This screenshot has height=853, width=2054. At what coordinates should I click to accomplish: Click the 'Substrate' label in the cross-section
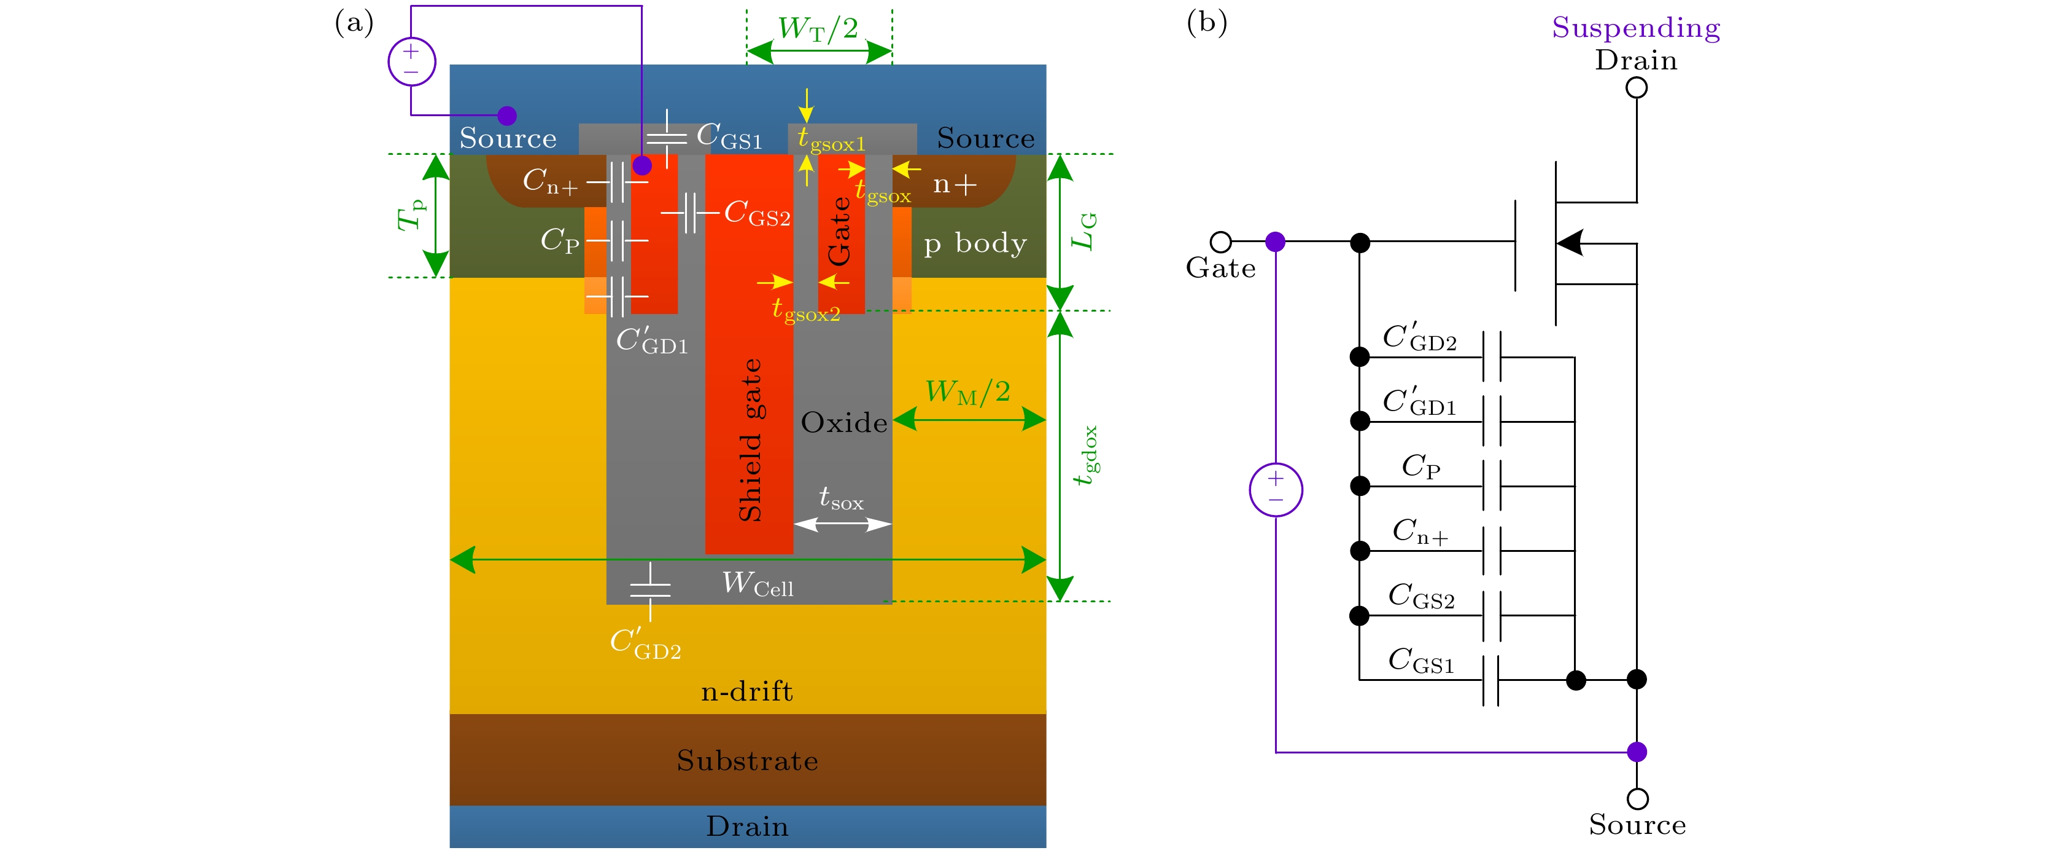747,760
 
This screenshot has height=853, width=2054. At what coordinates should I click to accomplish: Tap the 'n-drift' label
747,691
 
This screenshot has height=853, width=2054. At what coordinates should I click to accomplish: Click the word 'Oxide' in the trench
843,422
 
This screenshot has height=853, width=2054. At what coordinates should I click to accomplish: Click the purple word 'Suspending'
1635,27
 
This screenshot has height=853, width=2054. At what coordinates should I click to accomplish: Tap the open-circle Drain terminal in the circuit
1636,88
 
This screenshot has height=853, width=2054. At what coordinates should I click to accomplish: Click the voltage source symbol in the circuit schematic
1276,489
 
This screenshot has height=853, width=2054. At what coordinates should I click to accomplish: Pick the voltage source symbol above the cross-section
411,61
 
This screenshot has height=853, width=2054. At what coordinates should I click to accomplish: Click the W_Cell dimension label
757,584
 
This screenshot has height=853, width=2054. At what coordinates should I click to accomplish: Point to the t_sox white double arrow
843,524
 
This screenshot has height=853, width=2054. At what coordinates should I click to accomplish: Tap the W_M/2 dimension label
967,392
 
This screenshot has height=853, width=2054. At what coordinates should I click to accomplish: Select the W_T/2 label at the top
818,29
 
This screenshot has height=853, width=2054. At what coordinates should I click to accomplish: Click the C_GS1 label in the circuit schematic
1421,661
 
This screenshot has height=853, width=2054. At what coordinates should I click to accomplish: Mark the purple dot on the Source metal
507,116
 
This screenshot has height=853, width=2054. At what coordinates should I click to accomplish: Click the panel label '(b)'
1206,22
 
